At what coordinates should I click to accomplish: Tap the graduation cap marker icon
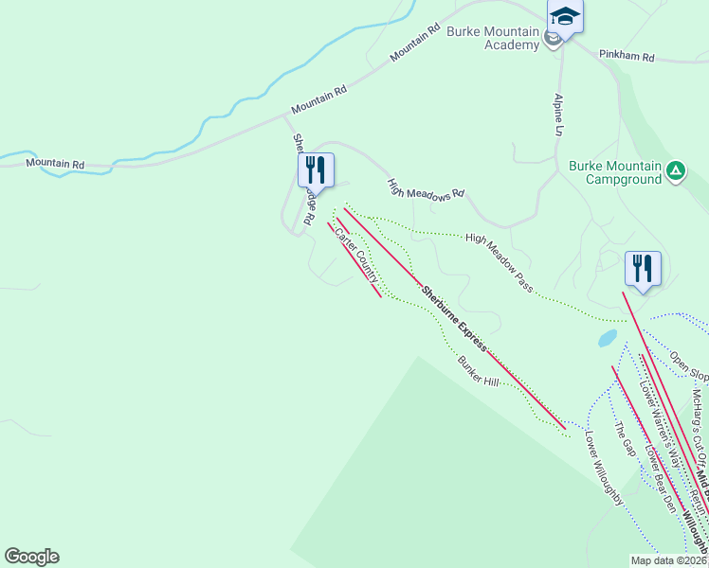(565, 17)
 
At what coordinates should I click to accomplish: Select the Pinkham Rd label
(627, 57)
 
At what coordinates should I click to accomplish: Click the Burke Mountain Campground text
(614, 171)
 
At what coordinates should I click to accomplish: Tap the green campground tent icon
(675, 171)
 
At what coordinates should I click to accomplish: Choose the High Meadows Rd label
(426, 187)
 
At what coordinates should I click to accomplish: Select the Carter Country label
(356, 255)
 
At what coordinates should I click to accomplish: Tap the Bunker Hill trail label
(478, 372)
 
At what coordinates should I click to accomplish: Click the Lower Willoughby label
(604, 468)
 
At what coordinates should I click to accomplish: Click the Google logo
(31, 557)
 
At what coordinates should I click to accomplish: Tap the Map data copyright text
(667, 560)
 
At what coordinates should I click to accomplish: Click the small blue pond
(608, 337)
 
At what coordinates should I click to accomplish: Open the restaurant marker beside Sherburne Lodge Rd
(315, 170)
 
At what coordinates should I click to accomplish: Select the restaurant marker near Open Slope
(643, 269)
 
